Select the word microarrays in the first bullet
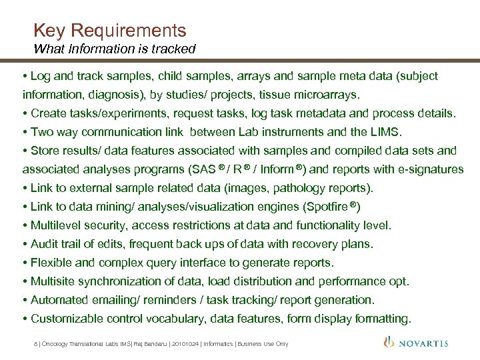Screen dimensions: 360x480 327,94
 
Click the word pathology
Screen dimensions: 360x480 293,188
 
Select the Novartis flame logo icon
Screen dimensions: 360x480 389,342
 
